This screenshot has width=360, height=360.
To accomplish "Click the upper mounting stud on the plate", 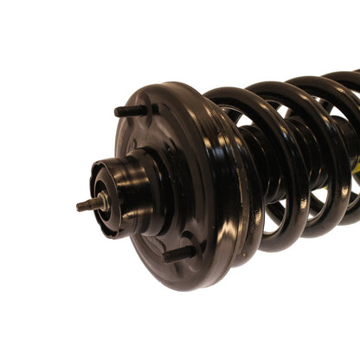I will click(x=132, y=111).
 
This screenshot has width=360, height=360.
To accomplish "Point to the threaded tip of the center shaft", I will click(x=82, y=206).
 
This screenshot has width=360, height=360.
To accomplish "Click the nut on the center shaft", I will click(x=100, y=202).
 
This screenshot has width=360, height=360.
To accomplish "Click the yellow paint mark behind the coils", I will click(x=353, y=177).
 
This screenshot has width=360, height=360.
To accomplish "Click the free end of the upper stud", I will click(x=117, y=111).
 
